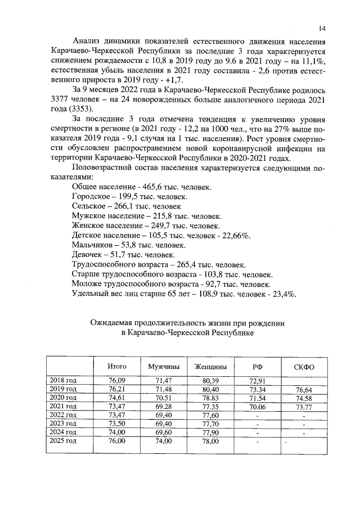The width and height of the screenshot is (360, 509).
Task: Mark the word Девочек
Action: (x=88, y=255)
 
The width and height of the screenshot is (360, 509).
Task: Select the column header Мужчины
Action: (x=164, y=367)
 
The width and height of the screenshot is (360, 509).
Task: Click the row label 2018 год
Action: (x=64, y=381)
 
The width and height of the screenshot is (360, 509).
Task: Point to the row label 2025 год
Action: (x=64, y=442)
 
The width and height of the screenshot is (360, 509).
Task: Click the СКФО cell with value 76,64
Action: (x=304, y=389)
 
